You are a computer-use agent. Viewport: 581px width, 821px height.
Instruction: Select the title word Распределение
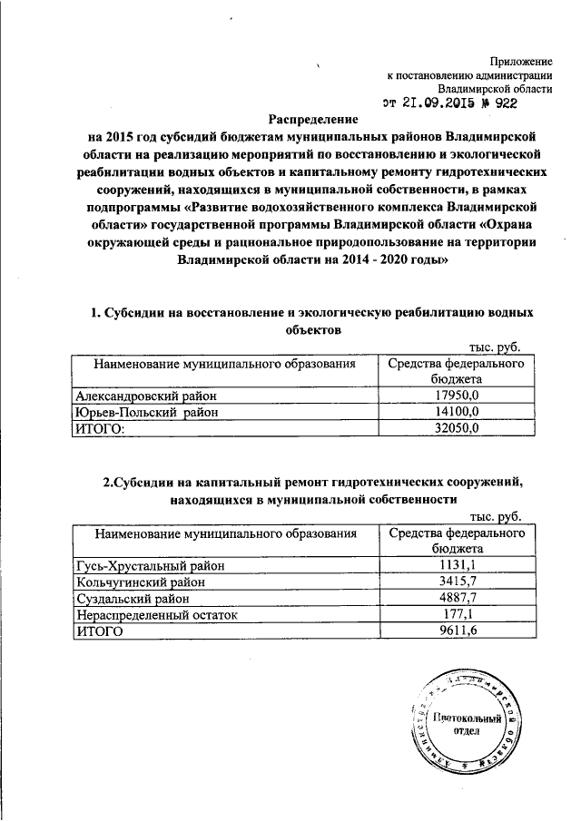tap(312, 120)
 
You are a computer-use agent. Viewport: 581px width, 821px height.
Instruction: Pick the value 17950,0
tap(457, 396)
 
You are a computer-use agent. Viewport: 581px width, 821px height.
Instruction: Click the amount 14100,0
tap(457, 413)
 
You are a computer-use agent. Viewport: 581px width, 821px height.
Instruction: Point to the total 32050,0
tap(457, 429)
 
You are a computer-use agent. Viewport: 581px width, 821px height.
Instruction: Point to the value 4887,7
tap(457, 599)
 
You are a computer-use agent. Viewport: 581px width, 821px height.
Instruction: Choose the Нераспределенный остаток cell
tap(156, 615)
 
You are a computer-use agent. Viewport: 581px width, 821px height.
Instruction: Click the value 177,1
tap(457, 615)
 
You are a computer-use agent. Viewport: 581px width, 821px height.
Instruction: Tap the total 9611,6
tap(457, 631)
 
